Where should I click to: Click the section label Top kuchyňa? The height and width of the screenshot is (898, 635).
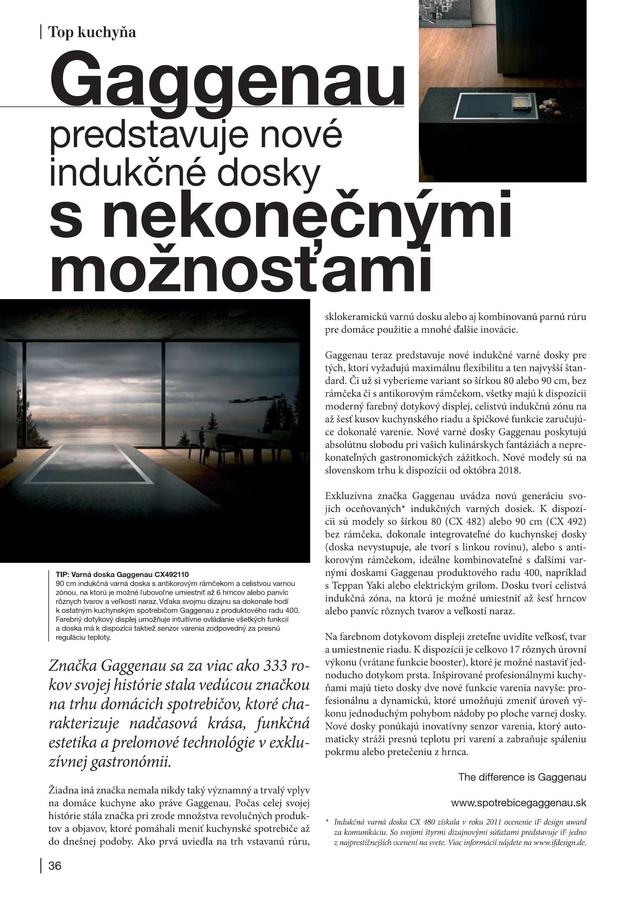point(92,32)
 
